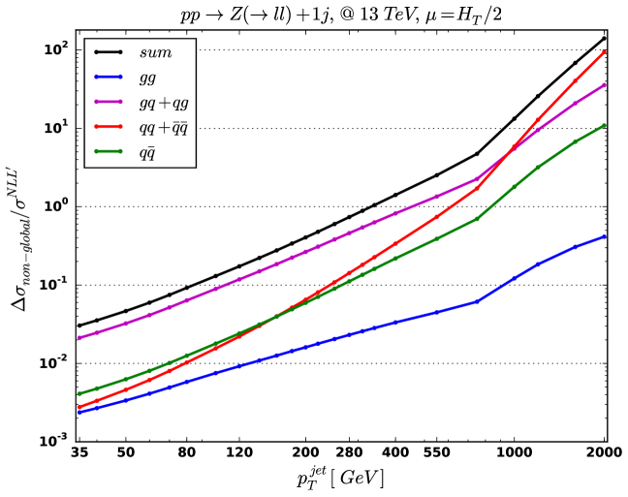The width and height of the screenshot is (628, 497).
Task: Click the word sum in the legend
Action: tap(155, 52)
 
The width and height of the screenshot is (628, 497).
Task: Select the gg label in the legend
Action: tap(147, 78)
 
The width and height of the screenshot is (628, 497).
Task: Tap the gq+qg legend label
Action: tap(163, 102)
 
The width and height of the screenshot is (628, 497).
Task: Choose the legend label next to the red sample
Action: tap(163, 127)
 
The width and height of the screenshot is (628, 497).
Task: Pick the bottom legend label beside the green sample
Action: tap(147, 152)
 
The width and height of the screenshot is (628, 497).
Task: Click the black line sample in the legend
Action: tap(108, 52)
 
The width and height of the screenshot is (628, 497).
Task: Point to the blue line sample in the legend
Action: tap(108, 77)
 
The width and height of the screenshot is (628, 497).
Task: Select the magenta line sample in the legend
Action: tap(108, 102)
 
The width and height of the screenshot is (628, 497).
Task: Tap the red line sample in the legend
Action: tap(108, 126)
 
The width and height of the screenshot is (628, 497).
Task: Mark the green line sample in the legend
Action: tap(108, 151)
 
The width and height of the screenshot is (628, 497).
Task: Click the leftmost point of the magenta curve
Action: tap(78, 338)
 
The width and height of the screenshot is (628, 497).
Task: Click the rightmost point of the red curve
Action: tap(605, 51)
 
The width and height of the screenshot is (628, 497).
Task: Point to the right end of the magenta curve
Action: tap(605, 84)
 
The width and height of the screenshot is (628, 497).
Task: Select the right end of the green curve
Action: tap(605, 125)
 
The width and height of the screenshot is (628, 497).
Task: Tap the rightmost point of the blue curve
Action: tap(605, 236)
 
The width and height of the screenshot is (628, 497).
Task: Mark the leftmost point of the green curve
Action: tap(78, 393)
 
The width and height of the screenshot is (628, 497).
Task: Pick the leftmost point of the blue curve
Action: tap(78, 412)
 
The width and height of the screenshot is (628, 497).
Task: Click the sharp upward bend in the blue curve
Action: tap(477, 301)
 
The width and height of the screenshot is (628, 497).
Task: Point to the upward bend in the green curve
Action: tap(477, 219)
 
